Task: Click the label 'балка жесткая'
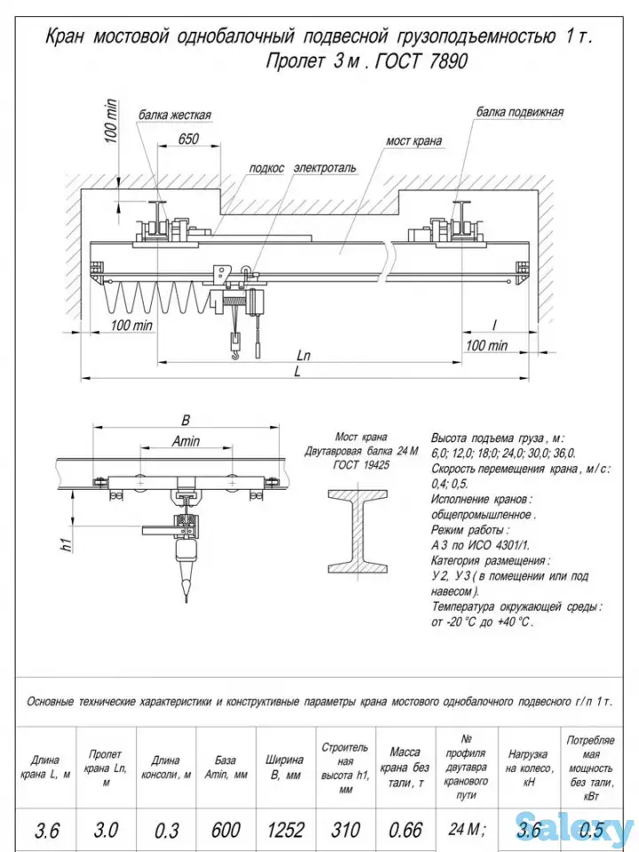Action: (175, 115)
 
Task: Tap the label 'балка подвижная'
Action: (520, 113)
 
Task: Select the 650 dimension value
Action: (187, 139)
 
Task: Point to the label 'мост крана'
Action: (414, 141)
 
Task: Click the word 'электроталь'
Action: (325, 167)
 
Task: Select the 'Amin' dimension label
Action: (185, 441)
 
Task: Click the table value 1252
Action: (286, 830)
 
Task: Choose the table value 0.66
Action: (405, 830)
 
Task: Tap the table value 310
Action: (345, 830)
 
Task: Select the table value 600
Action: (225, 830)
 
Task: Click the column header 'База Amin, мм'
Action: (225, 767)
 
